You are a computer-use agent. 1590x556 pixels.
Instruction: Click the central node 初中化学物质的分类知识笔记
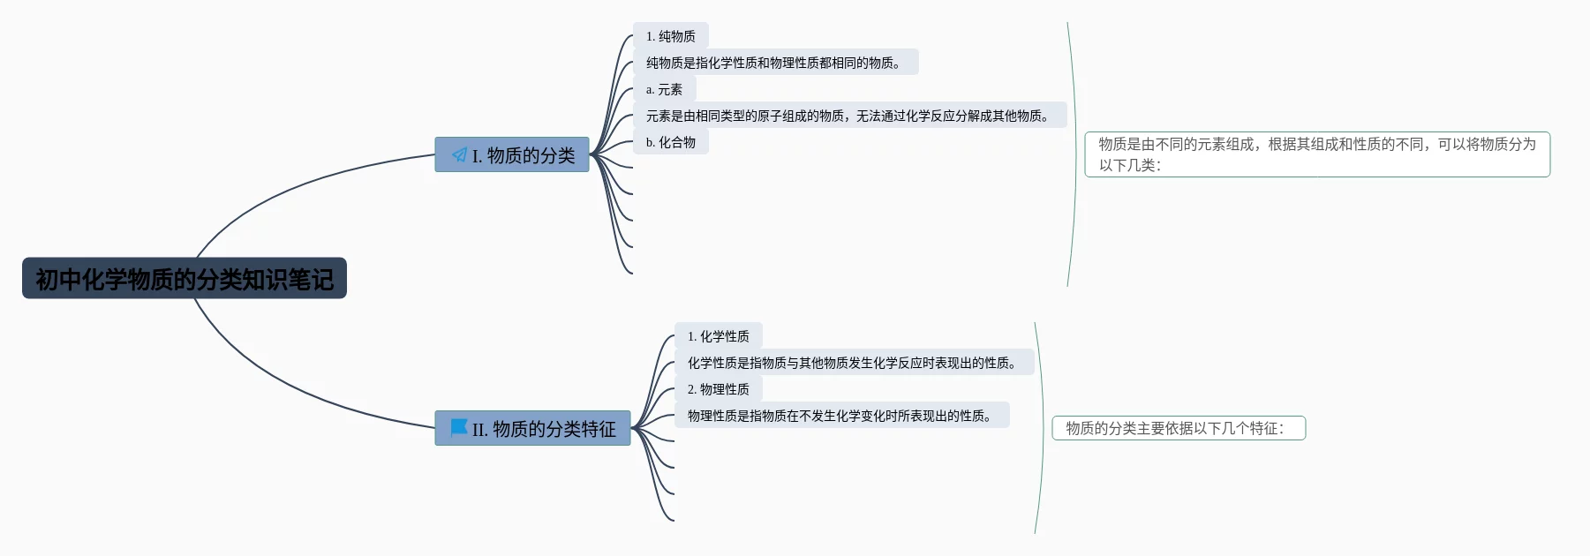point(184,279)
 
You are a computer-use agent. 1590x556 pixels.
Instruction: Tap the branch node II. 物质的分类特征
point(542,429)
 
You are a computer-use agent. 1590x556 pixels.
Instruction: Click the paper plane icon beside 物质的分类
point(459,155)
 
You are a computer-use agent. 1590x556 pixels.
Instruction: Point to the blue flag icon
point(459,428)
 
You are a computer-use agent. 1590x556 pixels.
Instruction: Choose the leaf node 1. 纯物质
point(670,36)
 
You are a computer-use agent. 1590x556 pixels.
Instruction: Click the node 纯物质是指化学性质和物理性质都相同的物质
point(774,63)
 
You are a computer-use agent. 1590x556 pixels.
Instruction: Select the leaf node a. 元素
point(664,89)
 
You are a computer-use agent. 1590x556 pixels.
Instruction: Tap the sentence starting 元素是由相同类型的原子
point(848,116)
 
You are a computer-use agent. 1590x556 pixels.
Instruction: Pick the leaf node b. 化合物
point(670,142)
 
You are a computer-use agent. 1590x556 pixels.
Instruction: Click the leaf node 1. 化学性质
point(718,336)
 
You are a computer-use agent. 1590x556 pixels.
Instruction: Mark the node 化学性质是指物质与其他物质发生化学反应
point(853,363)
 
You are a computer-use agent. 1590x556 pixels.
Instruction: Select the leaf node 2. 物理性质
point(718,389)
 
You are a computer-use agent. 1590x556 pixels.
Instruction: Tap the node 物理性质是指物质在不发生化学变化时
point(840,416)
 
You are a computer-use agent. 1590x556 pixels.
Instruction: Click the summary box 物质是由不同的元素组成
point(1316,154)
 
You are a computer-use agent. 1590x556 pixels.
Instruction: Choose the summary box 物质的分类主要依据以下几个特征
point(1178,428)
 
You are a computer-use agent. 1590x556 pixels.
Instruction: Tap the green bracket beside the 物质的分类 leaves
point(1074,154)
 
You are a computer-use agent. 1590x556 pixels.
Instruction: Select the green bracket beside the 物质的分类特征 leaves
point(1042,428)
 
